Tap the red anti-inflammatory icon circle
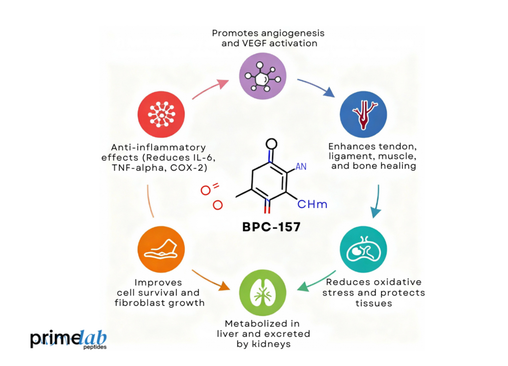[161, 114]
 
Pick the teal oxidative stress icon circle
[363, 250]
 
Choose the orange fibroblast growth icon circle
[161, 250]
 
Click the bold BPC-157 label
[271, 228]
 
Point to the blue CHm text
[312, 204]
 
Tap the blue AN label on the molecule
[301, 166]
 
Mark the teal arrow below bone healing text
[376, 201]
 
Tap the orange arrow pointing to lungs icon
[210, 280]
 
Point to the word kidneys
[275, 344]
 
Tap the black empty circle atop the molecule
[272, 144]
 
